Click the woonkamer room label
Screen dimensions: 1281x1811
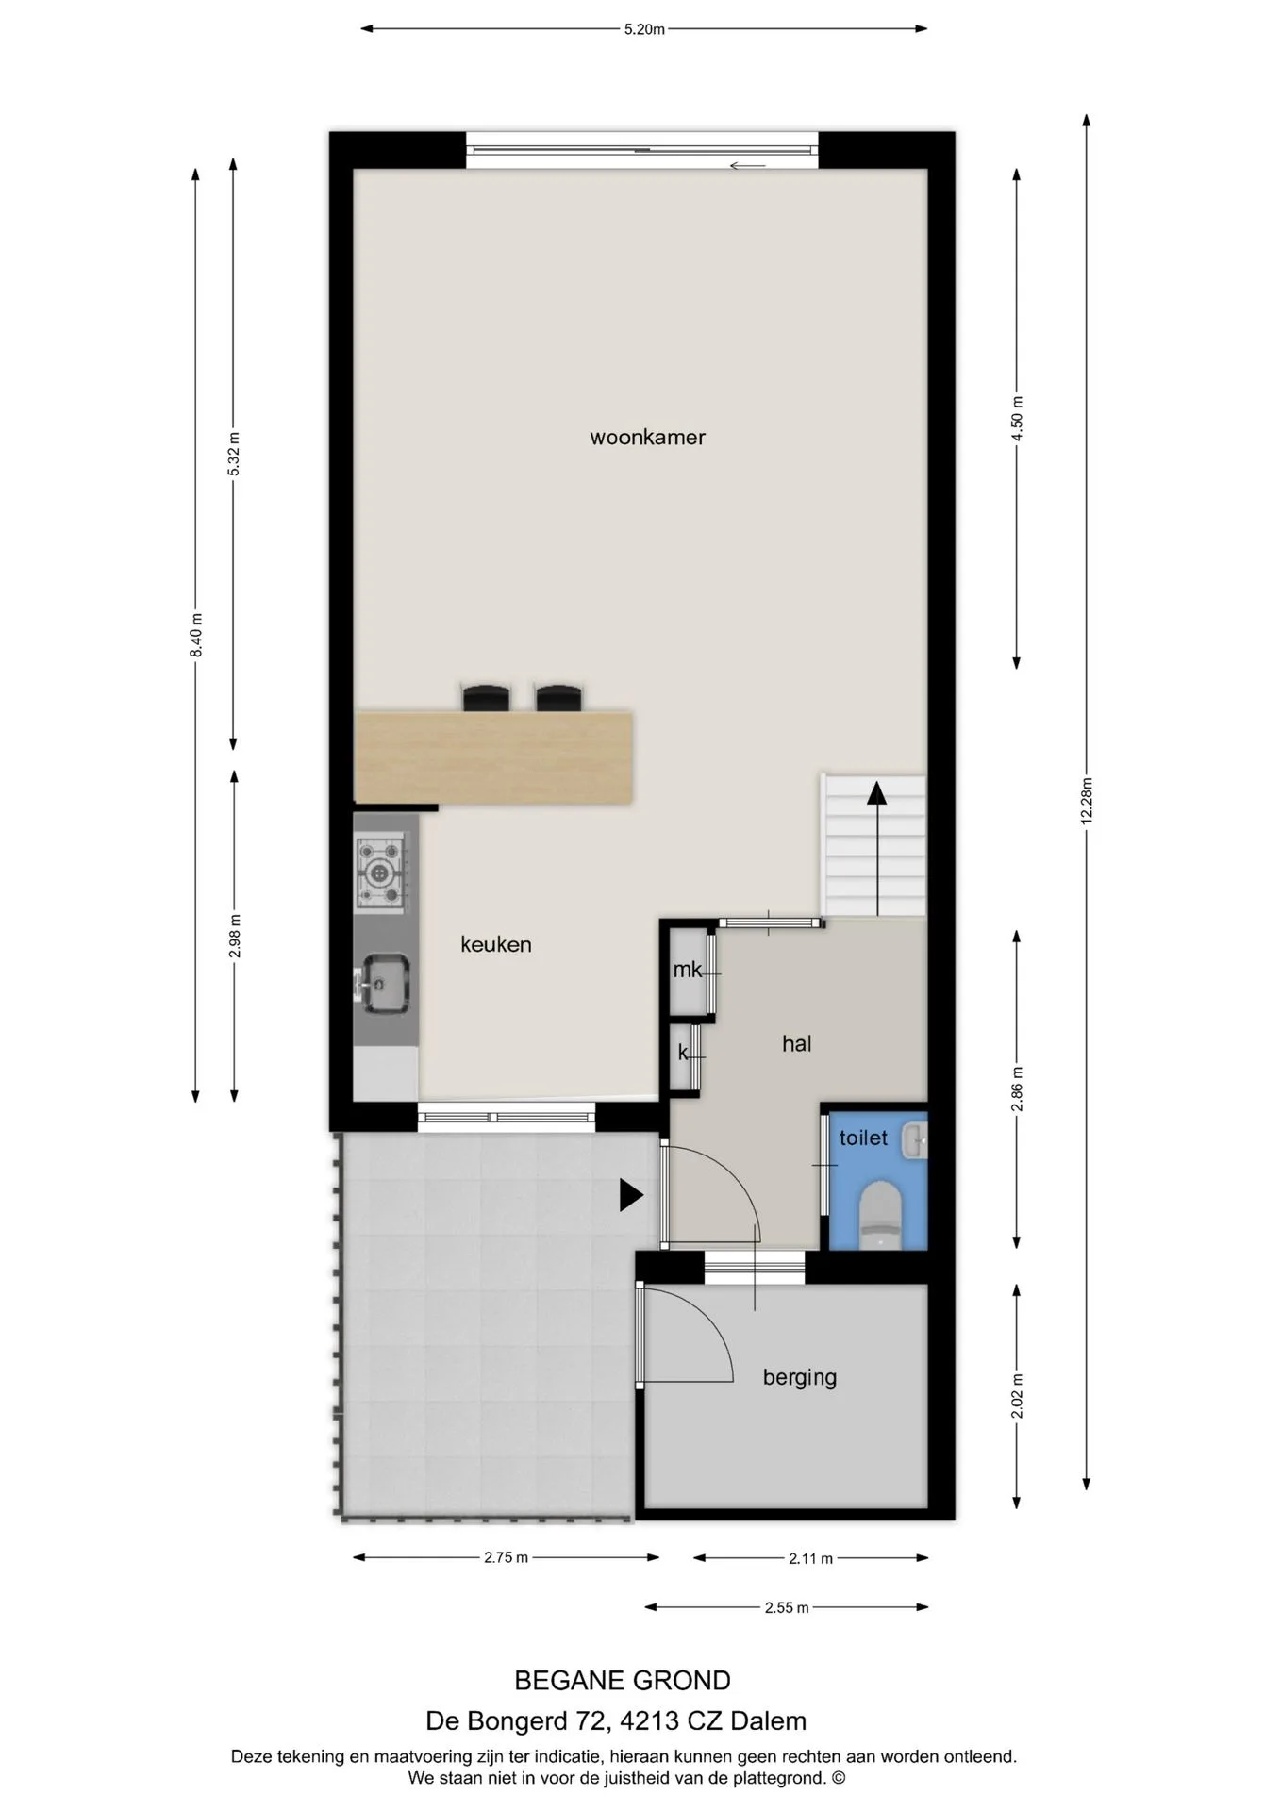pyautogui.click(x=647, y=438)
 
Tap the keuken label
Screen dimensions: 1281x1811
pyautogui.click(x=496, y=944)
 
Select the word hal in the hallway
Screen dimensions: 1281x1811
pyautogui.click(x=797, y=1043)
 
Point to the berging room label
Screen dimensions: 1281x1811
pyautogui.click(x=800, y=1378)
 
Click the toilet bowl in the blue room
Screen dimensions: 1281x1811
pyautogui.click(x=881, y=1215)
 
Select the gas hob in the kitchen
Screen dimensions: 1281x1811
pyautogui.click(x=380, y=873)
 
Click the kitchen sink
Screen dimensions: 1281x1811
pyautogui.click(x=384, y=984)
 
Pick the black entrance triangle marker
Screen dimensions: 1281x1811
pyautogui.click(x=631, y=1195)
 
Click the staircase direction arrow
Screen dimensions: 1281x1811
pyautogui.click(x=877, y=848)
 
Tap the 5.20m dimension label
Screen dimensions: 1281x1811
pyautogui.click(x=644, y=29)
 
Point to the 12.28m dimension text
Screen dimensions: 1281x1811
pyautogui.click(x=1086, y=801)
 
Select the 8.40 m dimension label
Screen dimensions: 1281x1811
pyautogui.click(x=196, y=636)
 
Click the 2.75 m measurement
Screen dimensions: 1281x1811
pyautogui.click(x=506, y=1557)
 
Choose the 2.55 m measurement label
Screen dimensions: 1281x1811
pyautogui.click(x=787, y=1607)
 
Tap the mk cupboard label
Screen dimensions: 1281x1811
pyautogui.click(x=688, y=970)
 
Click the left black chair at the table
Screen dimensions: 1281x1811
pyautogui.click(x=486, y=697)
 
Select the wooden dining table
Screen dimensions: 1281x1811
pyautogui.click(x=493, y=757)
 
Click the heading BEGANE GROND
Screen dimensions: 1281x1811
pyautogui.click(x=623, y=1681)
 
